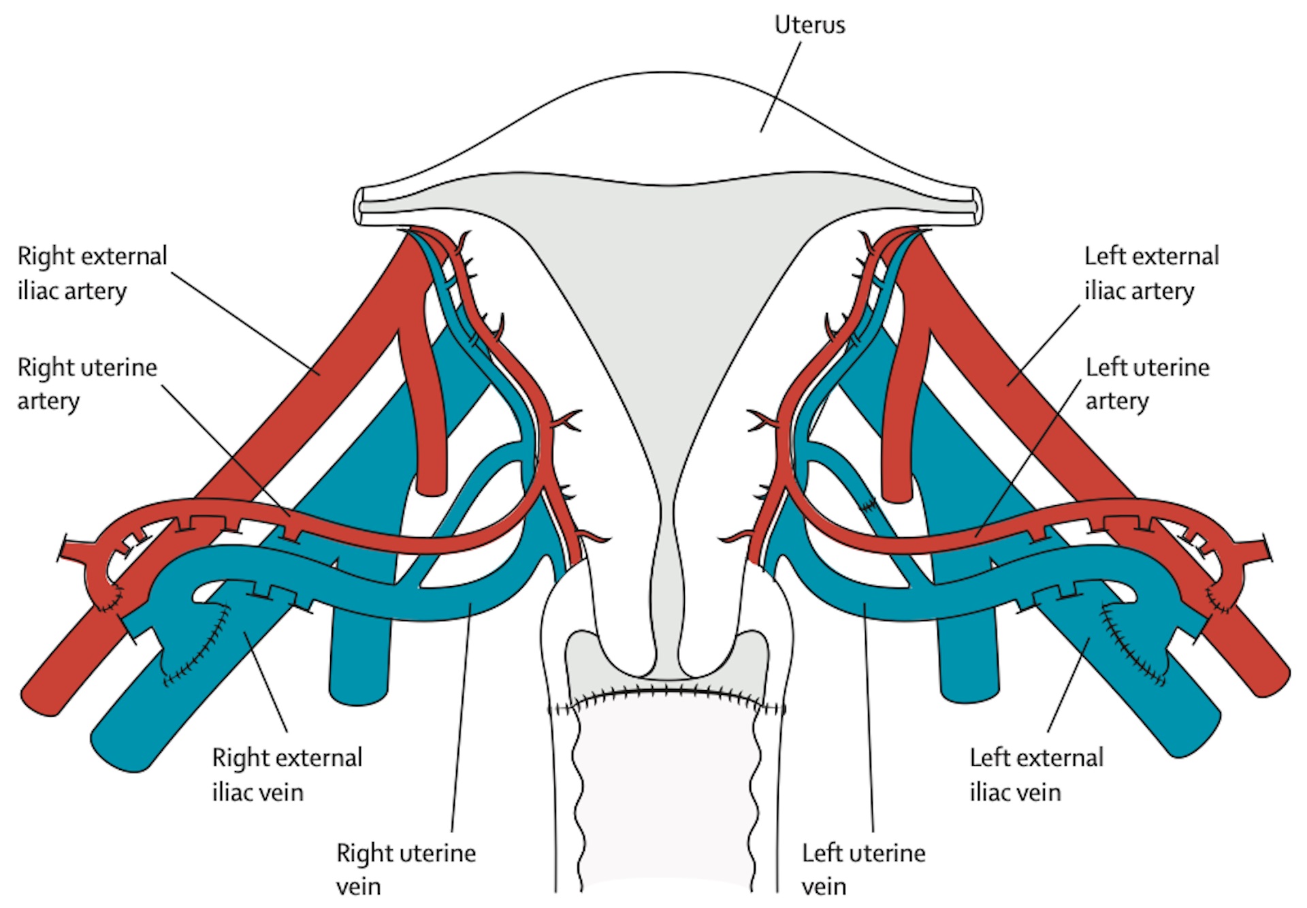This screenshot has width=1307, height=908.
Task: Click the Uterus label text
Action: (809, 25)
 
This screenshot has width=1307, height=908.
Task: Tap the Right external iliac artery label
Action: (91, 273)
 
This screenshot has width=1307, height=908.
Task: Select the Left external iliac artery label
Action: (1151, 273)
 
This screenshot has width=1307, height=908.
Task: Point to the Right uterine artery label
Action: (86, 383)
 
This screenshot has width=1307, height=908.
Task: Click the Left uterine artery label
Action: (1147, 383)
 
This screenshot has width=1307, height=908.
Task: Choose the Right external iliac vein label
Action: (287, 775)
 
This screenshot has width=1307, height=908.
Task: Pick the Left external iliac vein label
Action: (1036, 775)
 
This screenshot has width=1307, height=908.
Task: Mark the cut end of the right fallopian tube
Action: (359, 207)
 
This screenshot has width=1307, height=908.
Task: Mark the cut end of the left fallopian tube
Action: (977, 207)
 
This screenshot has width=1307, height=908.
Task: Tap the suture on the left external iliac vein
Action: (1130, 647)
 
